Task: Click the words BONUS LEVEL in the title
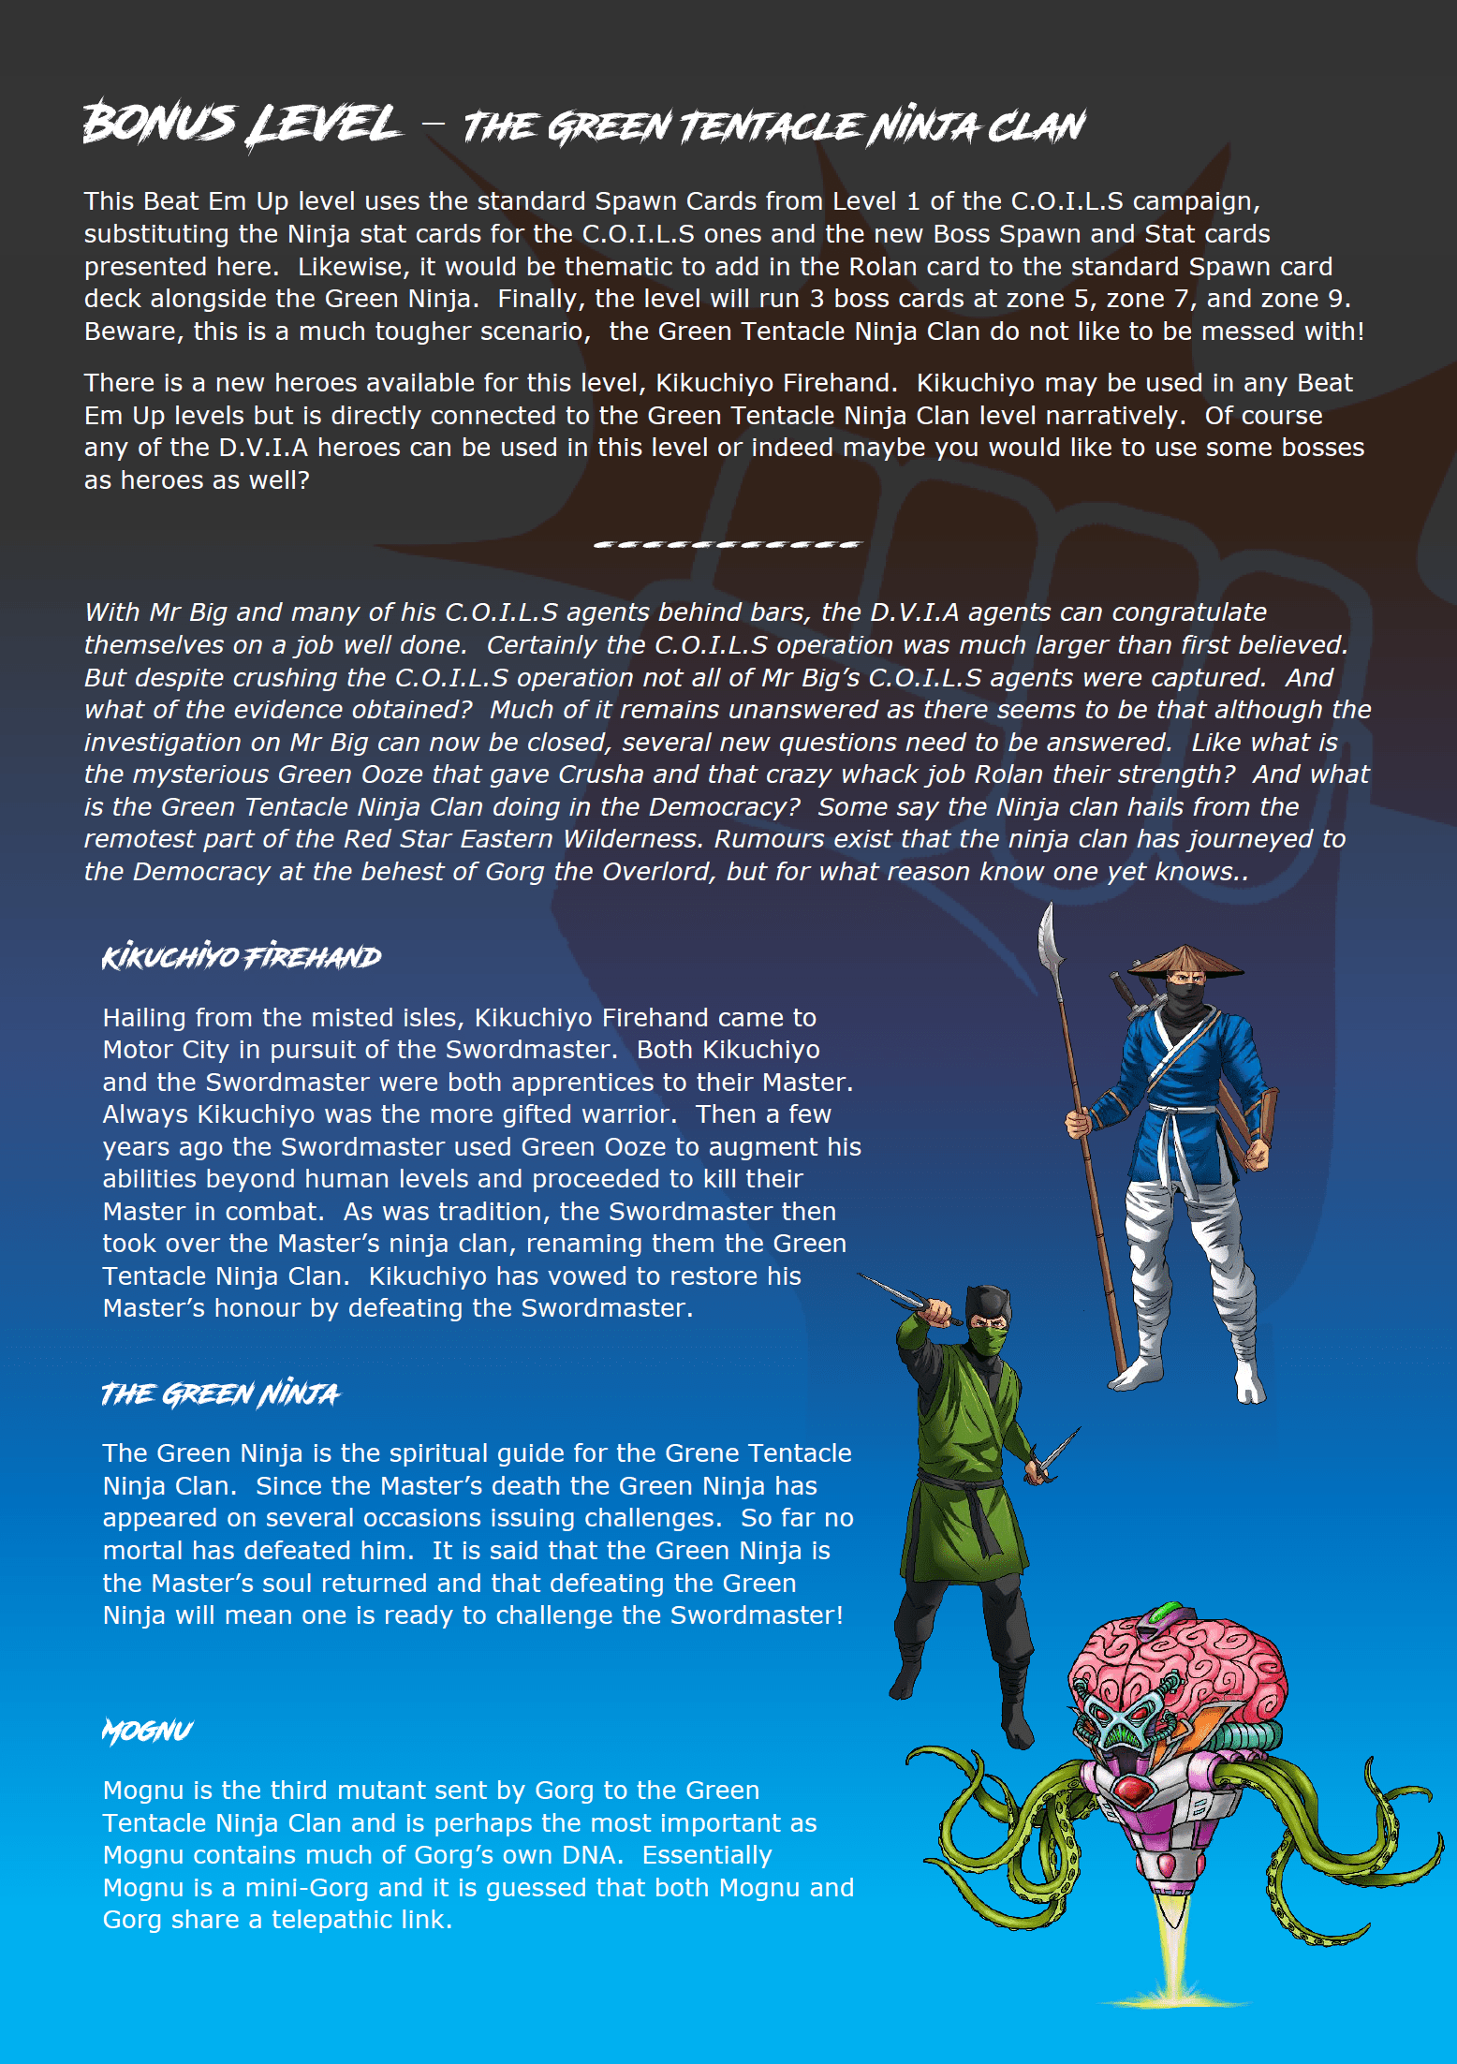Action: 242,125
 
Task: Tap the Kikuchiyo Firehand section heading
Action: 242,957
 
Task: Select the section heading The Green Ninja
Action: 220,1394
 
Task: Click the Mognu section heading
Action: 147,1732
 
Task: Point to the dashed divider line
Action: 727,544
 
